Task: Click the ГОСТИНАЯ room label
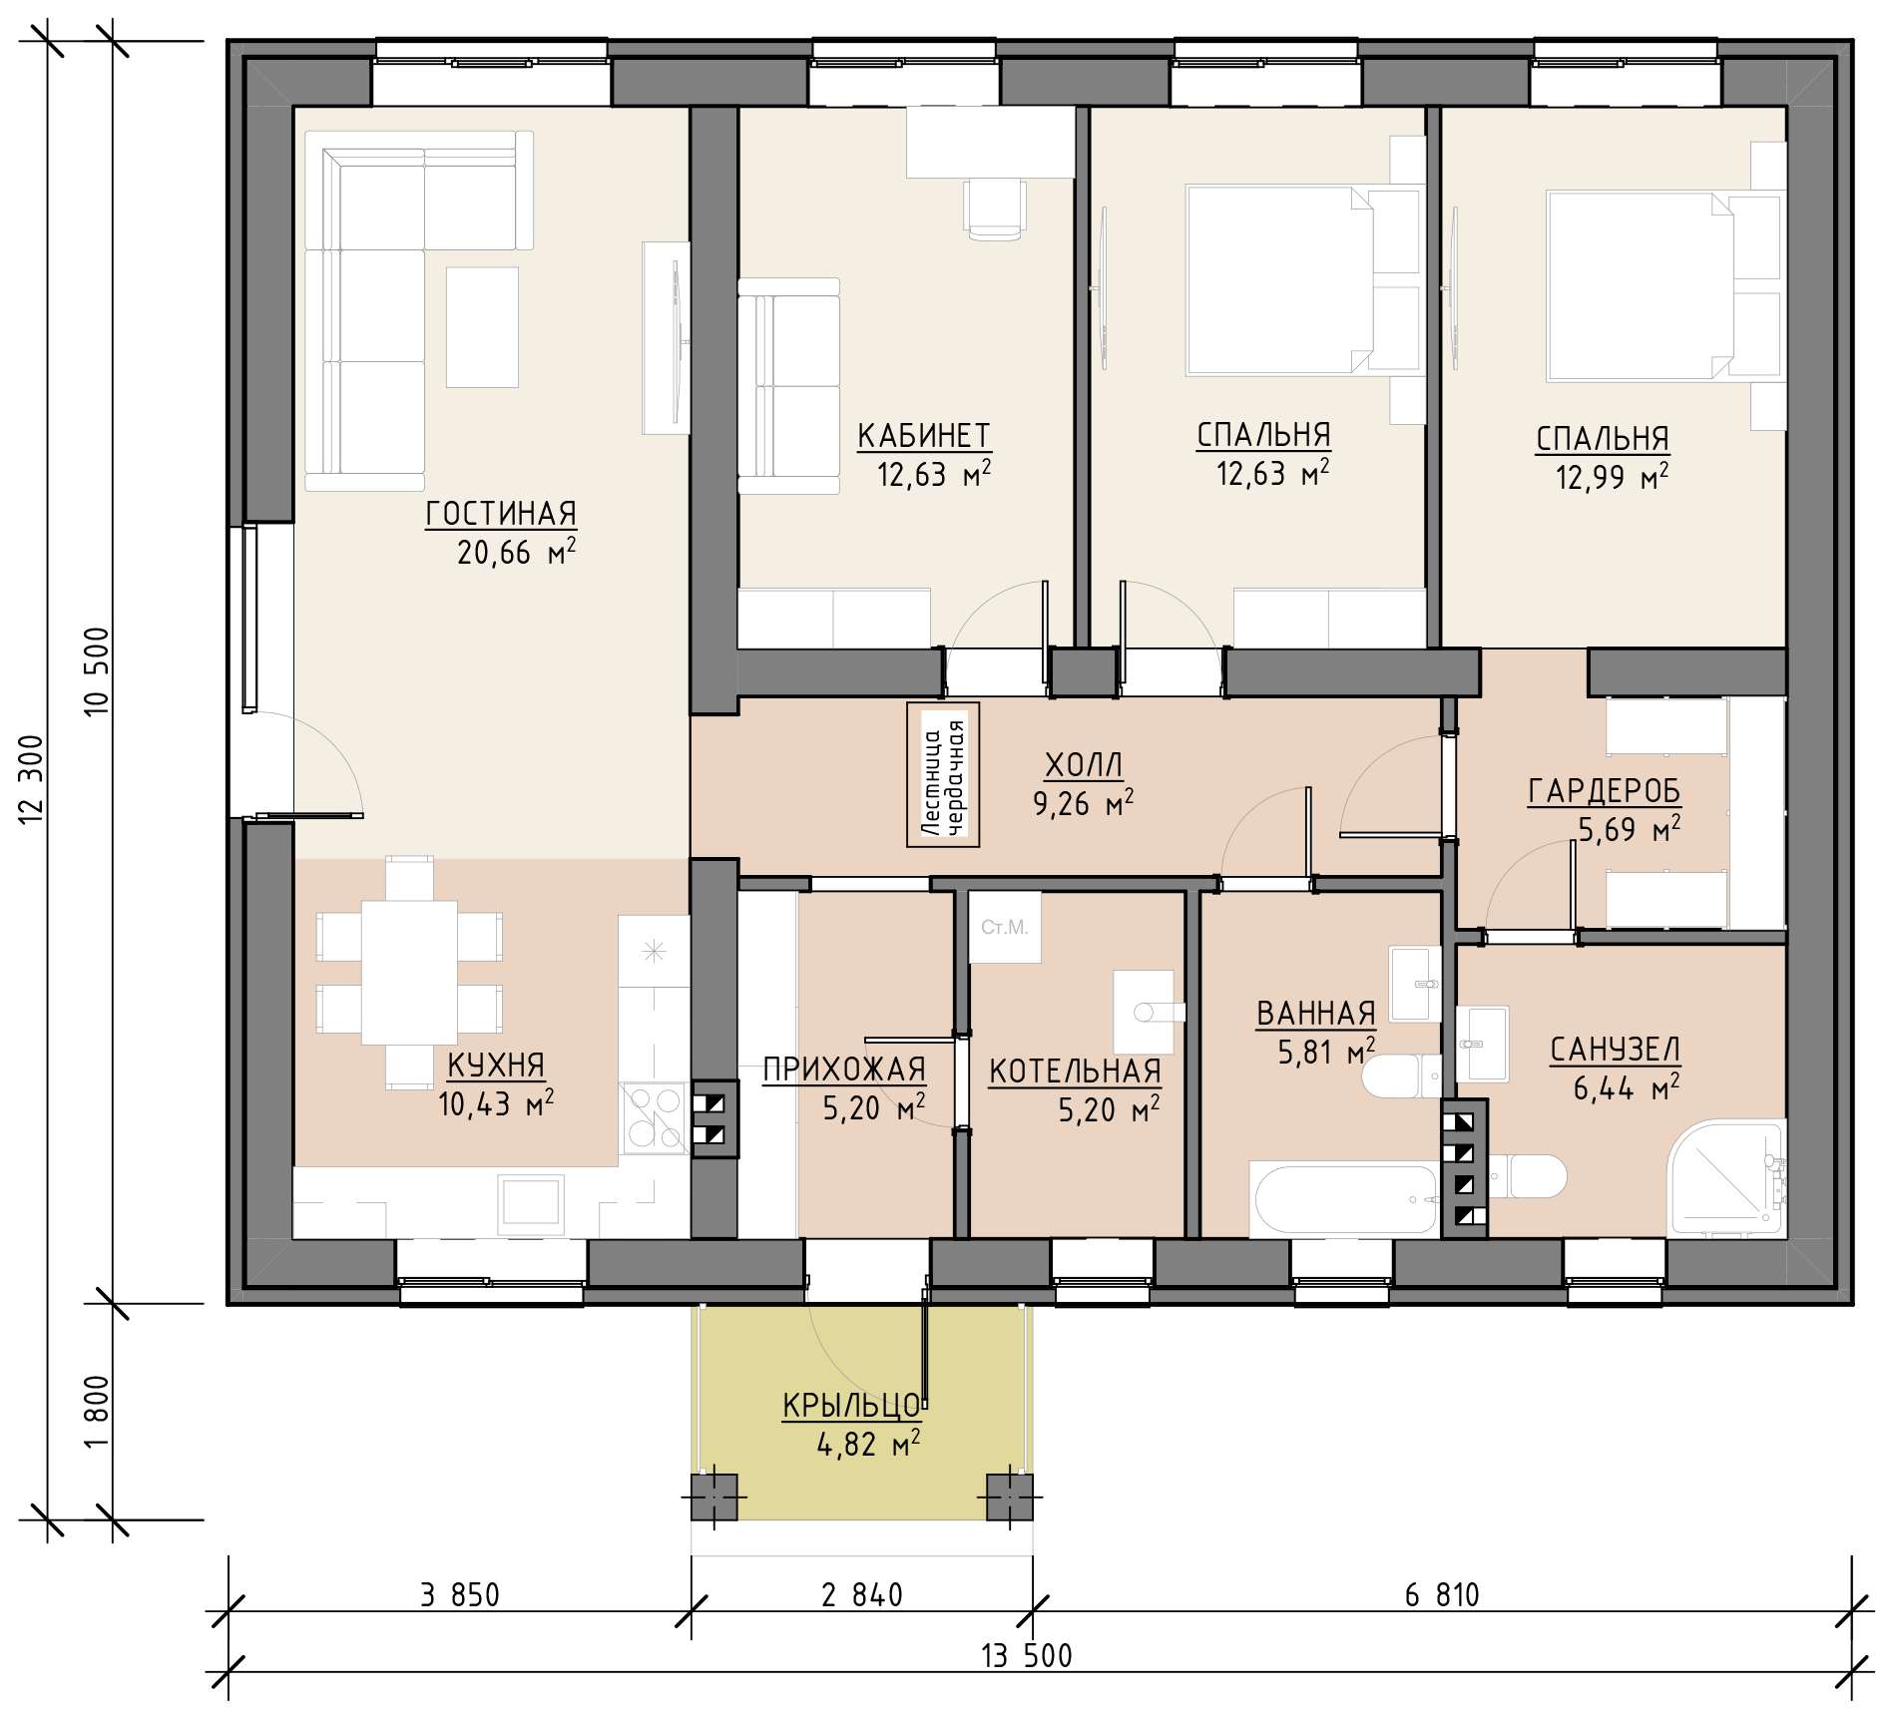pos(501,514)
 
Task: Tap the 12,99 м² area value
pos(1612,477)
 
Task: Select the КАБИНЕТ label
pos(924,436)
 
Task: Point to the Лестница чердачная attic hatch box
pos(943,775)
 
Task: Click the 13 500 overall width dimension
pos(1027,1656)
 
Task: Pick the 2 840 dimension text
pos(862,1595)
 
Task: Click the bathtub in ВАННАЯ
pos(1344,1200)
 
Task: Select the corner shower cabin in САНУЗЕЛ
pos(1725,1179)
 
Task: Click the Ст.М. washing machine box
pos(1005,928)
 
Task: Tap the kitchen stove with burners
pos(654,1118)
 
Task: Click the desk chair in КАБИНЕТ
pos(995,209)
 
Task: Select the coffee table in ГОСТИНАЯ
pos(482,327)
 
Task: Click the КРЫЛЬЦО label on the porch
pos(851,1406)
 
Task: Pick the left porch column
pos(714,1497)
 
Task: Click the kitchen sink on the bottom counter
pos(532,1200)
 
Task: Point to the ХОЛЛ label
pos(1084,766)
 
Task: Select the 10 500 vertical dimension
pos(97,670)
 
